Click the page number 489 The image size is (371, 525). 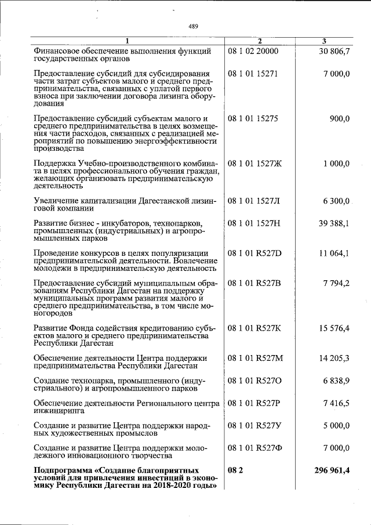[193, 26]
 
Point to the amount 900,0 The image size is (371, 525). [339, 118]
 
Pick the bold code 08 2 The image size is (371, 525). [235, 470]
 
